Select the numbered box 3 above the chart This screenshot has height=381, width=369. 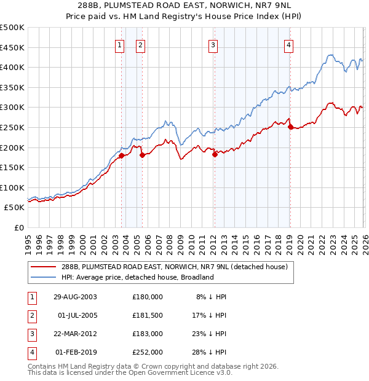pos(213,44)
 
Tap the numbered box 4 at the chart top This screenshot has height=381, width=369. pos(288,44)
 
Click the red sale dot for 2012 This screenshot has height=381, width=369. pos(215,155)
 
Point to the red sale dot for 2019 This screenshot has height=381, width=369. pos(290,127)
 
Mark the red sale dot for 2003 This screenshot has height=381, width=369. pos(122,155)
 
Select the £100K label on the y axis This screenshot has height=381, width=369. pos(12,187)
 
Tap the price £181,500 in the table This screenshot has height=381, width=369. pos(148,315)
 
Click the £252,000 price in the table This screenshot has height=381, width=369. pos(148,352)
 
